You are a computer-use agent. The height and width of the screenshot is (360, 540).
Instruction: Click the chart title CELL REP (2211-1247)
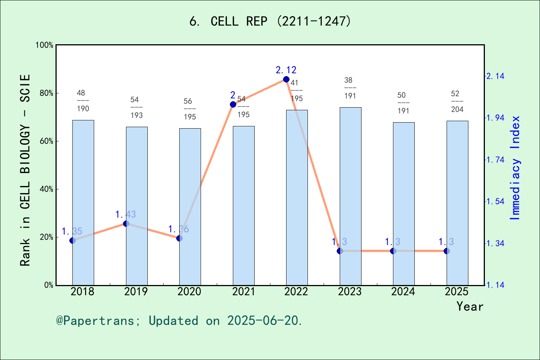point(270,21)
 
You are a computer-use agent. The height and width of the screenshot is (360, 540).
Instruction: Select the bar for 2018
point(83,202)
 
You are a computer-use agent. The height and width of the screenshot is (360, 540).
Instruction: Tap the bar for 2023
point(351,196)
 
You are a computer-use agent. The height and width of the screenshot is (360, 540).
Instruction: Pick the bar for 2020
point(190,207)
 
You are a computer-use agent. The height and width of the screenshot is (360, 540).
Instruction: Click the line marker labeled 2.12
point(286,79)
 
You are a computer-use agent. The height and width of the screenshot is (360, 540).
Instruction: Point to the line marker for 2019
point(126,224)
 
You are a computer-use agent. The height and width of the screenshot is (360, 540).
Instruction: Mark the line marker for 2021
point(233,104)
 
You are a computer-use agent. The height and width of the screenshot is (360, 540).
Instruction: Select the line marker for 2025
point(447,251)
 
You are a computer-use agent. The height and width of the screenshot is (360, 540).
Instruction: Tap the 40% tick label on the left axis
point(47,189)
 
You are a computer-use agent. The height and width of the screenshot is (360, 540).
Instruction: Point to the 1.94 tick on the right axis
point(495,118)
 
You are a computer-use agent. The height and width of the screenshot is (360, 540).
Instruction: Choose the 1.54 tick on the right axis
point(495,201)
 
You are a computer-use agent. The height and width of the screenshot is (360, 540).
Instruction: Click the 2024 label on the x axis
point(403,291)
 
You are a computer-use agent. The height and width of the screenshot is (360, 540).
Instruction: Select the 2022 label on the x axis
point(296,291)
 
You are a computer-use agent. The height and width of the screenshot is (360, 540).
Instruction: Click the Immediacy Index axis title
point(515,168)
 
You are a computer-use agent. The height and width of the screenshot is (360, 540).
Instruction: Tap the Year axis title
point(470,306)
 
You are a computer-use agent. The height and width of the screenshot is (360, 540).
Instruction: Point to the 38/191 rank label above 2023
point(350,88)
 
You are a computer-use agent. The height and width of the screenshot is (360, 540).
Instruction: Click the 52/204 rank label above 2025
point(457,101)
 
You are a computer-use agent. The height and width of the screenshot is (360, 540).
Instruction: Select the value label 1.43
point(126,214)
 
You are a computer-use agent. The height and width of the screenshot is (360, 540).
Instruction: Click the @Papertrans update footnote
point(179,321)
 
